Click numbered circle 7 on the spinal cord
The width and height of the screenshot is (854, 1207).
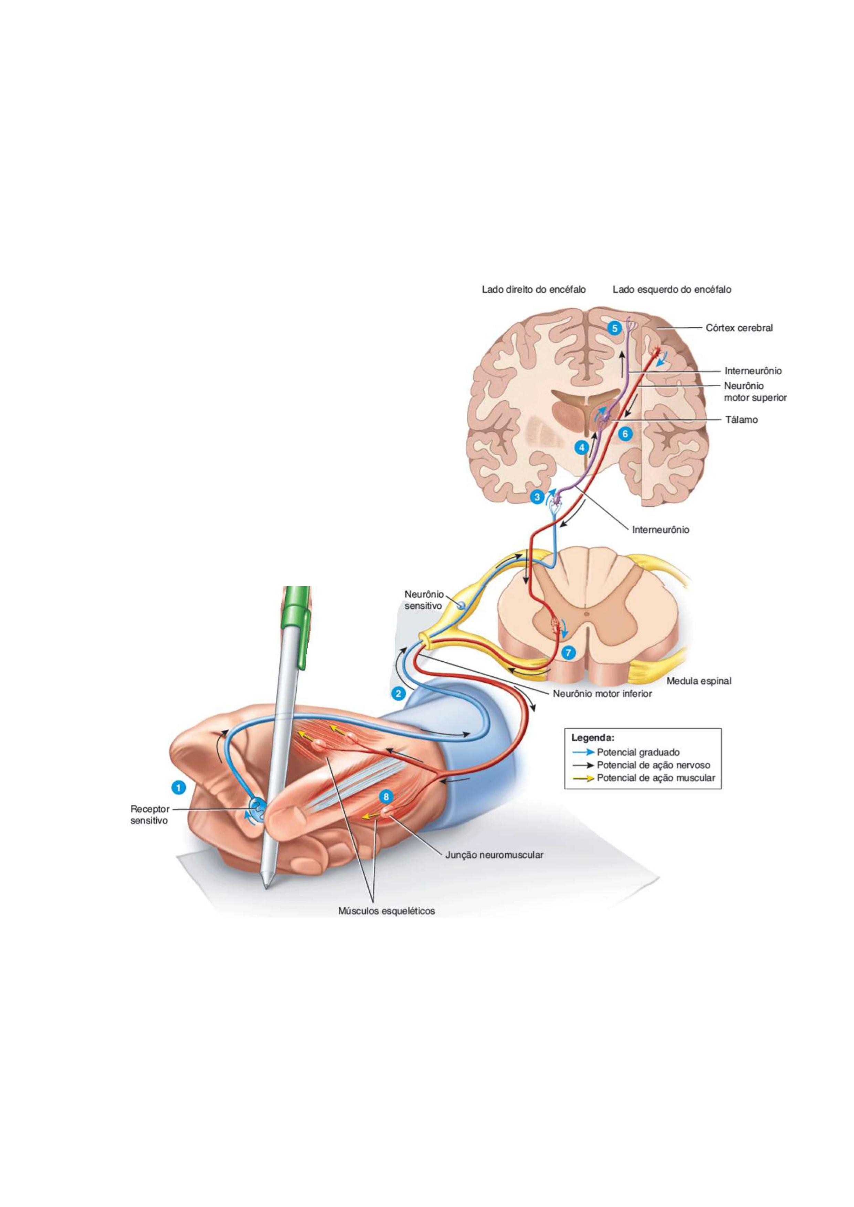point(568,652)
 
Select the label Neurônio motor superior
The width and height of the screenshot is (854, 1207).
point(755,392)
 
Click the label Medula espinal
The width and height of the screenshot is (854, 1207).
point(699,681)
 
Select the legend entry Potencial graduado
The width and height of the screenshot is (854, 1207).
point(638,752)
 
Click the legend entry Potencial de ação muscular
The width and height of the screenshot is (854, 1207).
point(656,778)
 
